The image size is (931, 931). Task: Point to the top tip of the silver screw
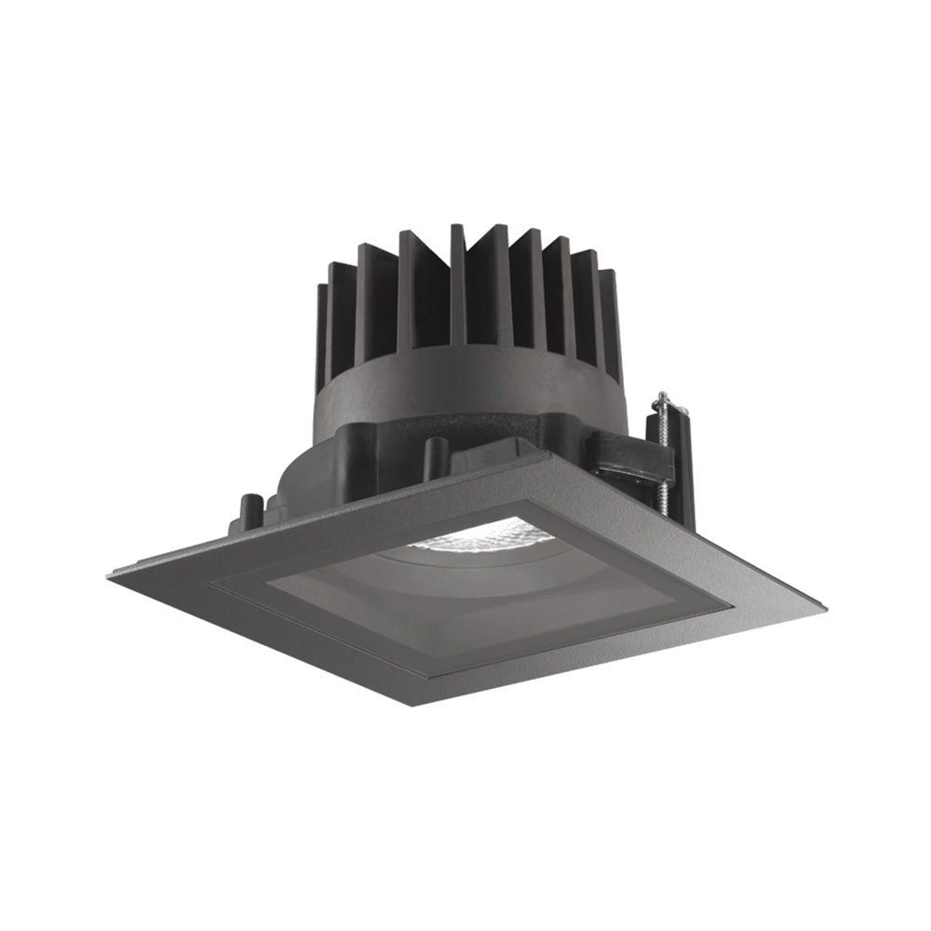(660, 396)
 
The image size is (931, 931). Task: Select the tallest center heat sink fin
(456, 279)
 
